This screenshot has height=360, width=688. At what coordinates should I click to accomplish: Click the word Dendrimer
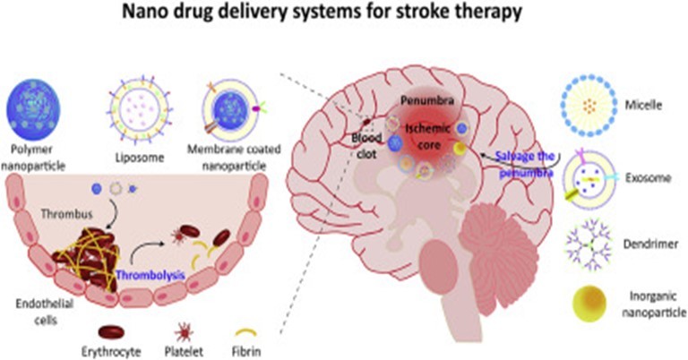tap(650, 244)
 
